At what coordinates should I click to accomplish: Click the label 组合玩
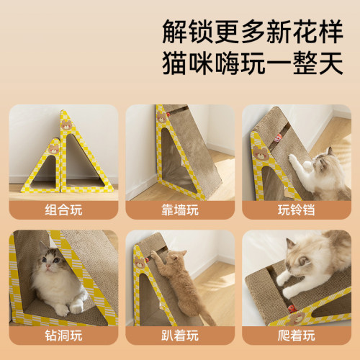(63, 210)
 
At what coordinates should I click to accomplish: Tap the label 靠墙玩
(179, 210)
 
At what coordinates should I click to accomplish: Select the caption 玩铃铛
(296, 210)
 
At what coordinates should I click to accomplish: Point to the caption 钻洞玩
(63, 335)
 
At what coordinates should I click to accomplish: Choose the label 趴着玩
(179, 335)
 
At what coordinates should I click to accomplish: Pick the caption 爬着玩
(296, 335)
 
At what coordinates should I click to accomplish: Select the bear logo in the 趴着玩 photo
(139, 264)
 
